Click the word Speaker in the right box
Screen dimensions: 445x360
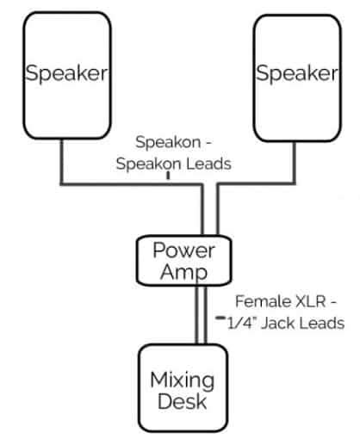[296, 74]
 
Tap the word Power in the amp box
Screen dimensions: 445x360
[183, 251]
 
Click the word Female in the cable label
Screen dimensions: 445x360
[262, 303]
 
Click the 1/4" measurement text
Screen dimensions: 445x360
[241, 323]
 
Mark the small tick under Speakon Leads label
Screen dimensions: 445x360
[168, 176]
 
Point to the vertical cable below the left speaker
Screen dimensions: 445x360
[60, 164]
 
